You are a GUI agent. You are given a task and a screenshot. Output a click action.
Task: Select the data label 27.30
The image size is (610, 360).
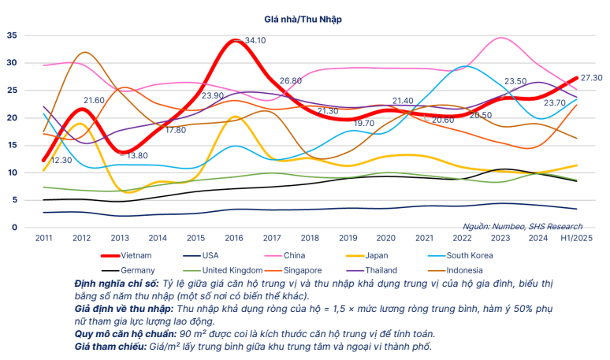click(x=592, y=77)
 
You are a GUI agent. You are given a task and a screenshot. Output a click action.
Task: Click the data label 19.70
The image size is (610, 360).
click(x=363, y=124)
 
